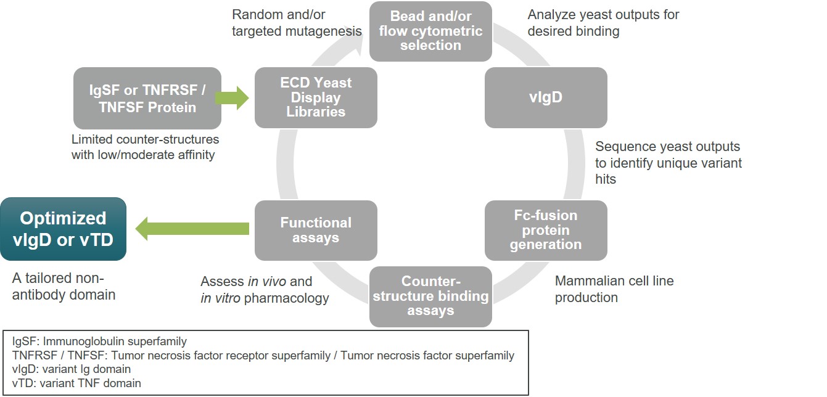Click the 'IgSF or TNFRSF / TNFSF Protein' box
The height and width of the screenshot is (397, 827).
click(147, 98)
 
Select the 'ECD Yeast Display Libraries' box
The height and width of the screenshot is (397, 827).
click(316, 97)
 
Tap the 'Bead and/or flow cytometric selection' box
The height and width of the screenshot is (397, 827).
click(430, 31)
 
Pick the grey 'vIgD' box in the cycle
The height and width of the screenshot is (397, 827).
click(546, 97)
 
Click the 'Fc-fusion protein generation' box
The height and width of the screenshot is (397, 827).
click(546, 230)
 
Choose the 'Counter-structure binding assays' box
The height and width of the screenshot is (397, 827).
click(430, 297)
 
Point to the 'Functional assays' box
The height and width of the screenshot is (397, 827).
click(316, 230)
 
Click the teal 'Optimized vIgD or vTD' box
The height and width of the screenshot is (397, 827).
click(63, 229)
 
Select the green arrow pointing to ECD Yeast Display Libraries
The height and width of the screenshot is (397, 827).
click(232, 97)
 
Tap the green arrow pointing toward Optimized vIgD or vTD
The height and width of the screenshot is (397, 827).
click(192, 229)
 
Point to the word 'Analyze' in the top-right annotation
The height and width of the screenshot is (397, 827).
click(551, 14)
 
